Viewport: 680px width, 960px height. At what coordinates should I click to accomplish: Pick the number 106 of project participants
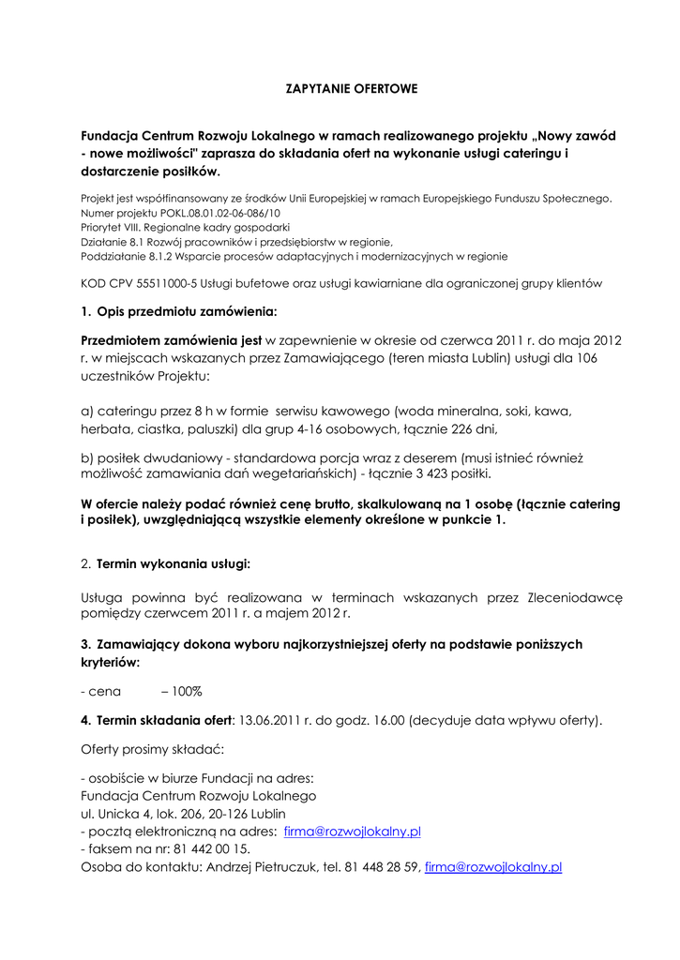tap(583, 357)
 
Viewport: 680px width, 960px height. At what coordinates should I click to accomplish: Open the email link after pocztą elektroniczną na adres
tap(352, 831)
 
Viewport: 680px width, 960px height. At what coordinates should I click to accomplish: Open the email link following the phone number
tap(492, 867)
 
